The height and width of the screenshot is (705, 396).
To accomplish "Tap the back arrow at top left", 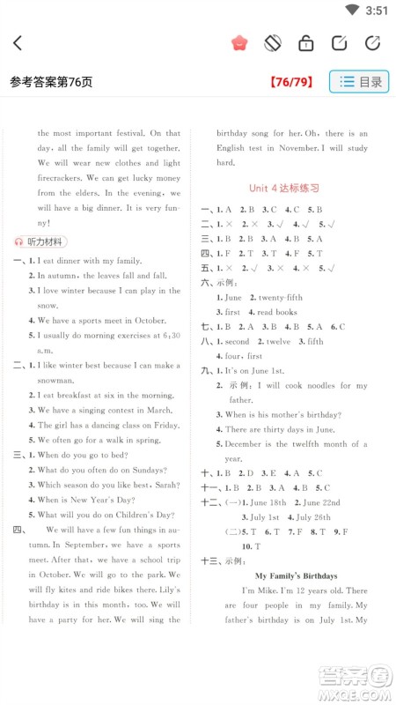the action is [18, 42].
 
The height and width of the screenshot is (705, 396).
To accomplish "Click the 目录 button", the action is [359, 82].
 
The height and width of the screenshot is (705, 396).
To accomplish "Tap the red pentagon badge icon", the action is [239, 42].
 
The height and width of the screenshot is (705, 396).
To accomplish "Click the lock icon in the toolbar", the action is [305, 42].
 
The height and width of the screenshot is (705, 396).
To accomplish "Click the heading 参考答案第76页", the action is [51, 82].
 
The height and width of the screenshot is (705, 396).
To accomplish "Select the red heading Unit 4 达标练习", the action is [284, 188].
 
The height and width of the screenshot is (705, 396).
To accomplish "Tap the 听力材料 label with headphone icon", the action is [40, 241].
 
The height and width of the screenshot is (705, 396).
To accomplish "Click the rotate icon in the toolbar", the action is [273, 42].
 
